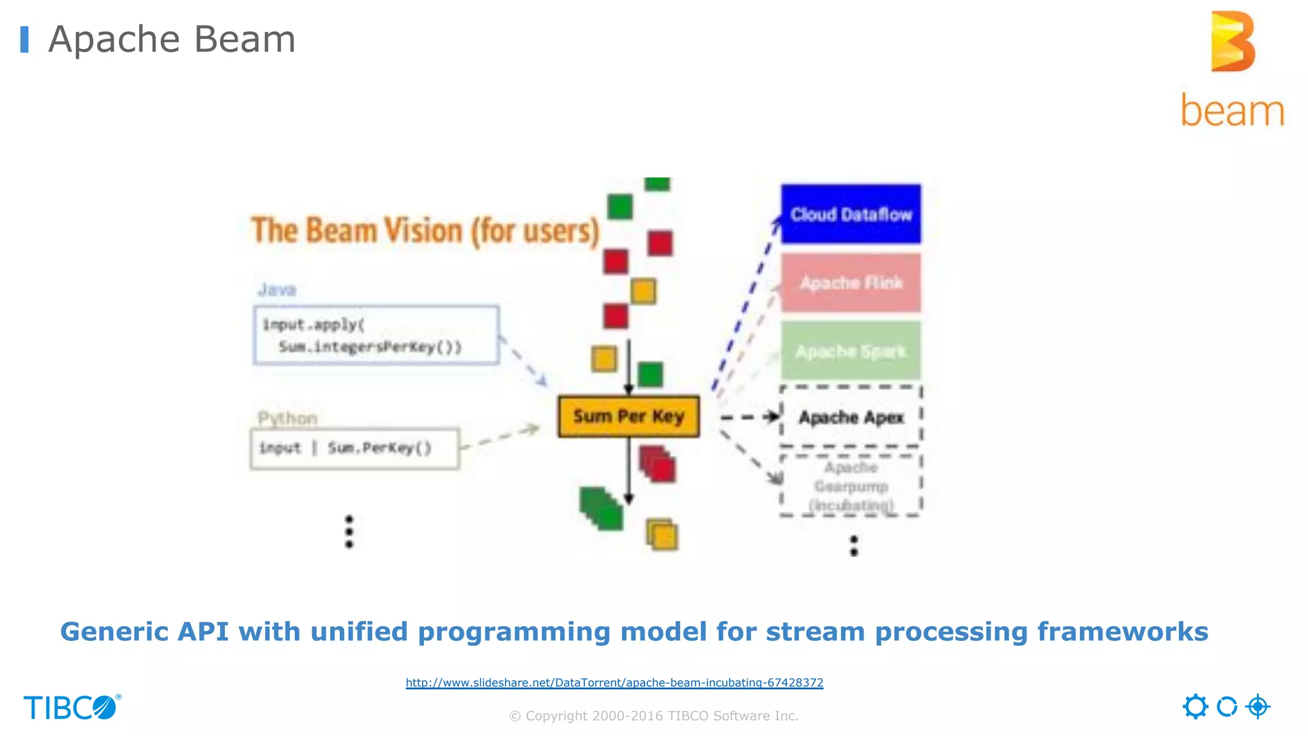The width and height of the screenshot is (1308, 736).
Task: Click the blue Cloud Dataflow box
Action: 851,214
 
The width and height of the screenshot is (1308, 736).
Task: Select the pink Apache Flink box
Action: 851,282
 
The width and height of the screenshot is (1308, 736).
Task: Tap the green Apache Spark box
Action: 851,351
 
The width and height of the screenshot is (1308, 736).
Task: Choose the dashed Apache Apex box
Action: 851,417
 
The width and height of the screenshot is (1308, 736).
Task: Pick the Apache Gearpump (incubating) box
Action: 851,486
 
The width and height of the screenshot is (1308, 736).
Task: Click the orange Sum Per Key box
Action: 628,417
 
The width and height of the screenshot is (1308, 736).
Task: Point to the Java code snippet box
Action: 376,335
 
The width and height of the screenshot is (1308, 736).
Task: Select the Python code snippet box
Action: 354,448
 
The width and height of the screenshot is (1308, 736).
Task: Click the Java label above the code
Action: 277,290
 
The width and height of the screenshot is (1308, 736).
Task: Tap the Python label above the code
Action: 287,418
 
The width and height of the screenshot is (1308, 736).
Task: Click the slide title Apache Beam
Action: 172,40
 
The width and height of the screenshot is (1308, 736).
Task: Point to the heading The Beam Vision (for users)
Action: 425,231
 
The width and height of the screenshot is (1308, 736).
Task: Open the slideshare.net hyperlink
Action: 614,682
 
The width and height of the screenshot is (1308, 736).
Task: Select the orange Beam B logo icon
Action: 1233,42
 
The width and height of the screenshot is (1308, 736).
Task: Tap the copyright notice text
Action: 653,716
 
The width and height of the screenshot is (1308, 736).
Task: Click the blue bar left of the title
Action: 24,40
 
